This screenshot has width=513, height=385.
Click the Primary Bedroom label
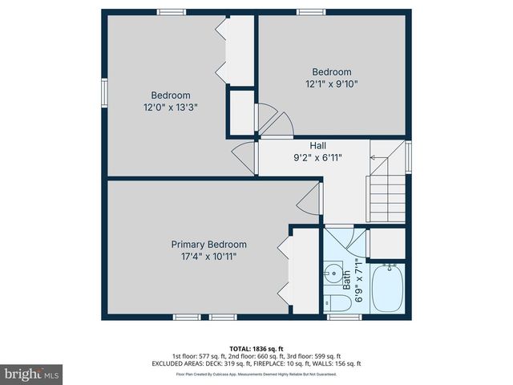click(208, 245)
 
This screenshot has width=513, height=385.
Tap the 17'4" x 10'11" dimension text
click(208, 257)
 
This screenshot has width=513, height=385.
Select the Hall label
click(317, 146)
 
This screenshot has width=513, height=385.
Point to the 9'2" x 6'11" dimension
click(317, 158)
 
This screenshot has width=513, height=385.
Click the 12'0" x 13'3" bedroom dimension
click(170, 107)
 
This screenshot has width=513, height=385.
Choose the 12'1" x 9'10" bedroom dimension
click(331, 83)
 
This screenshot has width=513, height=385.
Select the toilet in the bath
click(339, 303)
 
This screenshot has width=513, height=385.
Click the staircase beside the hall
click(387, 189)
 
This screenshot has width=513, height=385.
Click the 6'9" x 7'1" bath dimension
click(358, 279)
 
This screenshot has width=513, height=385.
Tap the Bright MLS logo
click(32, 374)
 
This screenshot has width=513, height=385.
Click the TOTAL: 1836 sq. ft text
click(256, 349)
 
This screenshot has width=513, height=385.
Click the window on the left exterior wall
click(104, 91)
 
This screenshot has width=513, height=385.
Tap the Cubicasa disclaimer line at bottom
click(256, 374)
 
